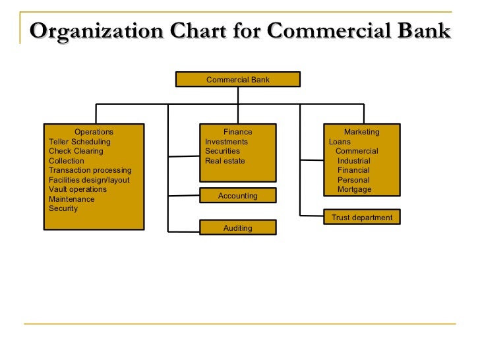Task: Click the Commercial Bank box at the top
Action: pos(237,80)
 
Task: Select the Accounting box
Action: pos(237,196)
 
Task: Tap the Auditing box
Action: pos(237,228)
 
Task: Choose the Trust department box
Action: pos(361,218)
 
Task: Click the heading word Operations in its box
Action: pos(94,132)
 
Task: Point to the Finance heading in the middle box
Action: pos(237,132)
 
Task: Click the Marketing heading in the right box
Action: pos(361,132)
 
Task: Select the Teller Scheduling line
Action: pos(80,142)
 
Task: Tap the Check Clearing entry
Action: pos(76,151)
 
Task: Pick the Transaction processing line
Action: pos(90,170)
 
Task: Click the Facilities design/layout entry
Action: pos(89,180)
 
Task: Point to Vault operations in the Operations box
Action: pos(78,189)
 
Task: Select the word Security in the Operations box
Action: pos(63,208)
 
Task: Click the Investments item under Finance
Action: pos(226,142)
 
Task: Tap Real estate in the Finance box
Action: pos(225,161)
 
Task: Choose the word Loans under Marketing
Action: pos(340,142)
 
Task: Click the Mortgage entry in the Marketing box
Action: pos(354,189)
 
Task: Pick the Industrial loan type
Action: pos(353,161)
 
